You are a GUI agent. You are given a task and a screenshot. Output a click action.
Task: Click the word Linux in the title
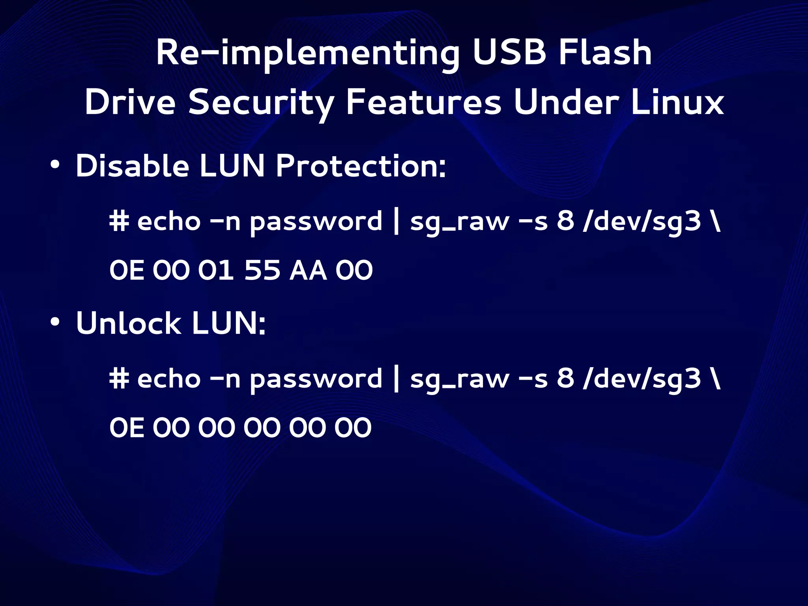pos(677,103)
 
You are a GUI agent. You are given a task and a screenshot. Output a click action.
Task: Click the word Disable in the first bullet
pos(132,166)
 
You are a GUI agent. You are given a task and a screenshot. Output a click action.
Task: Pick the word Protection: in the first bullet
pos(361,166)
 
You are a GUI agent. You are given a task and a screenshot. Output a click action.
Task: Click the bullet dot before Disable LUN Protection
pos(55,165)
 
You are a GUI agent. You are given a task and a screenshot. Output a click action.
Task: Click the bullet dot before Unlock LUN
pos(55,322)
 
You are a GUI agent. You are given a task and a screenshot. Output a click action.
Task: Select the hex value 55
pos(262,270)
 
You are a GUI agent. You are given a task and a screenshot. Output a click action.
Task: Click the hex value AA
pos(308,270)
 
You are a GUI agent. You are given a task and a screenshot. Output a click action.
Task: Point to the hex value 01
pos(216,270)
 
